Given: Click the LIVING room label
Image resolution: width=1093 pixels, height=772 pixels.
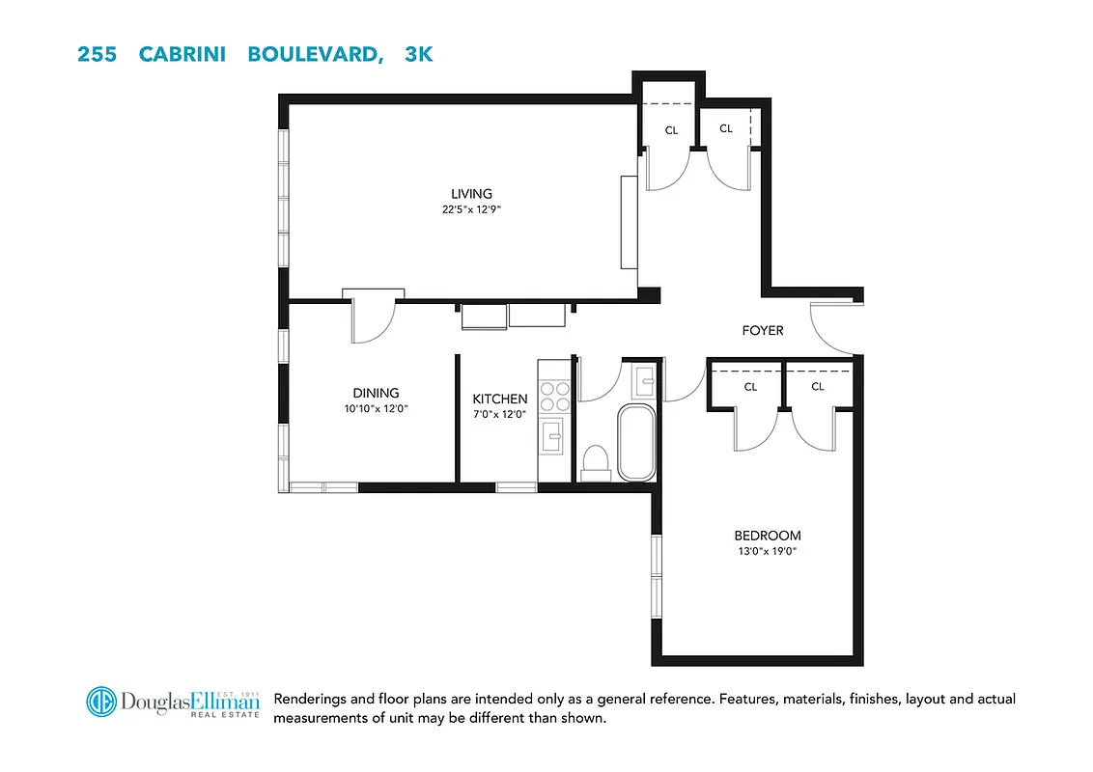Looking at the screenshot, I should tap(471, 194).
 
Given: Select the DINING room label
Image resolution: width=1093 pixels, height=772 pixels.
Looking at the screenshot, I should tap(376, 393).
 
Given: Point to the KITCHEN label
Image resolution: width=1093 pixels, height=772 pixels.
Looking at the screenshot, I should tap(499, 399).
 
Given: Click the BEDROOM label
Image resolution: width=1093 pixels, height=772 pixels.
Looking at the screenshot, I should tap(768, 536).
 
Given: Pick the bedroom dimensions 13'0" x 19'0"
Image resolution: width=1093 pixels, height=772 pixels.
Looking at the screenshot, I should tap(768, 551).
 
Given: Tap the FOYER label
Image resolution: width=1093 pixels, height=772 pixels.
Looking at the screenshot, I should tap(763, 330).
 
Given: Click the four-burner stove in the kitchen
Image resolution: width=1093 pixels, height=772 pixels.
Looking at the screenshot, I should tap(555, 397).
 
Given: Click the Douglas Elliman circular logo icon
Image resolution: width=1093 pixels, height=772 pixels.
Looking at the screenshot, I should tap(100, 702).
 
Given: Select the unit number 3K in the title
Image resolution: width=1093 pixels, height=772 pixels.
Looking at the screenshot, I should tap(419, 54).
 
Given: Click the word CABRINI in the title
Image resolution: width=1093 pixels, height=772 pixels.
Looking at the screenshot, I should tap(182, 54).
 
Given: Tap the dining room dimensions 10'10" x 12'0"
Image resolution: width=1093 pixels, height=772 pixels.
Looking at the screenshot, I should tap(376, 408).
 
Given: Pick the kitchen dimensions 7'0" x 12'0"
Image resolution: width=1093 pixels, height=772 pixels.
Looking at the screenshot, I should tap(499, 414).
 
